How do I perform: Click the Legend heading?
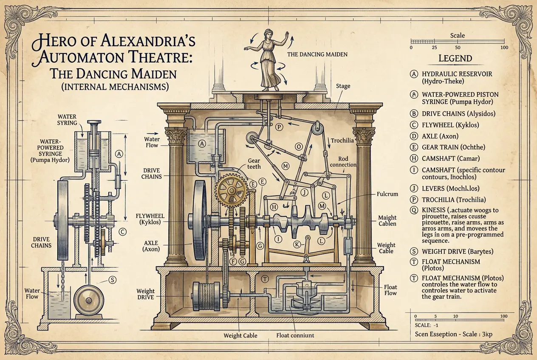(455, 59)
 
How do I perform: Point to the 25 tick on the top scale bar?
(434, 47)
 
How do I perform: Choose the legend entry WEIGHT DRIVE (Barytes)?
(458, 251)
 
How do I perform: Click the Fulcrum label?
(387, 194)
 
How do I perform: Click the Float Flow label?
(390, 290)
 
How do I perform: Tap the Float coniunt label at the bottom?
(295, 335)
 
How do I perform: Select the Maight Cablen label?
(387, 221)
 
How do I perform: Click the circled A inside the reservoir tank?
(202, 144)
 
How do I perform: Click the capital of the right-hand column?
(364, 135)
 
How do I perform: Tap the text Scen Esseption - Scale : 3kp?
(453, 334)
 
